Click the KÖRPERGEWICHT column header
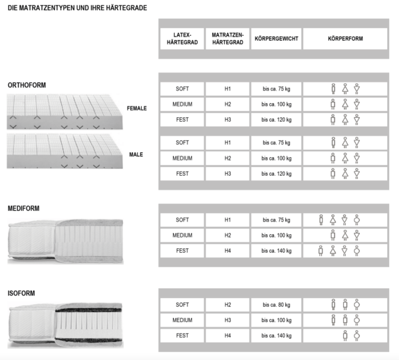(276, 39)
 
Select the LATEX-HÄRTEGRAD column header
(182, 39)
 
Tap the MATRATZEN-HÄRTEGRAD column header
(227, 39)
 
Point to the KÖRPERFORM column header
(345, 39)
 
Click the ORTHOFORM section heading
(27, 85)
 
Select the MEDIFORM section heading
(24, 208)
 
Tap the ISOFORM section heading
(21, 293)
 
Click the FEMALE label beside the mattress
(136, 108)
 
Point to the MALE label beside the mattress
(136, 154)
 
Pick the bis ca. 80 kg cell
(276, 304)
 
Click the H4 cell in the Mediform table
(227, 251)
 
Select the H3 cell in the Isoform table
(227, 320)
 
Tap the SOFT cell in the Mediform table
(182, 220)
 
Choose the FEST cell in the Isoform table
(182, 336)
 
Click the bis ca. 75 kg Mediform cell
(276, 220)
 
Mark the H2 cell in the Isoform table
(227, 304)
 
